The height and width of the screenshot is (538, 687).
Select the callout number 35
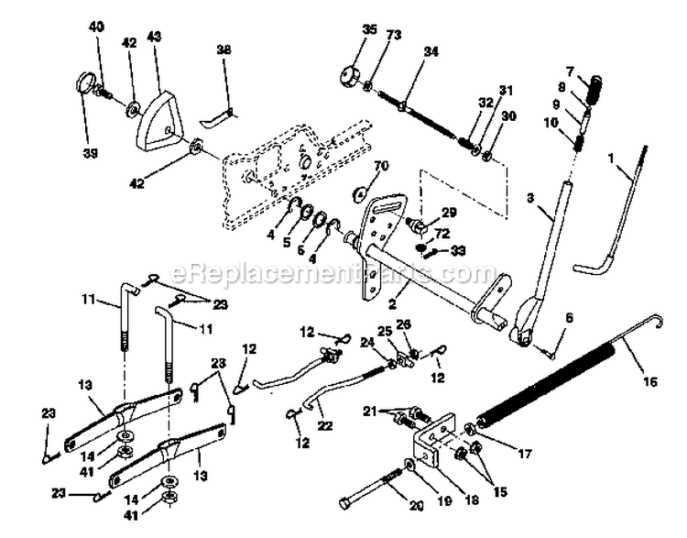tap(343, 29)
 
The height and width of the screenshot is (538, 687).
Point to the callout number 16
tap(649, 382)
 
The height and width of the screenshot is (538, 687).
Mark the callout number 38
tap(223, 51)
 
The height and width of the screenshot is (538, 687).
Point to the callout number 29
tap(447, 214)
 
